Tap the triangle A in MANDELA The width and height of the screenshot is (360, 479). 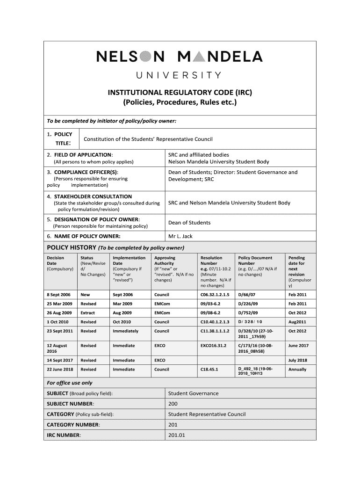coord(198,57)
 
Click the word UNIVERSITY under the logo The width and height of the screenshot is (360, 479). coord(179,75)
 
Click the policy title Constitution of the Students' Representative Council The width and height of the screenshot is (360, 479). coord(148,139)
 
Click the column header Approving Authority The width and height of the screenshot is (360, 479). coord(165,261)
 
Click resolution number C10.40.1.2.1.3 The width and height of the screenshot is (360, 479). coord(215,322)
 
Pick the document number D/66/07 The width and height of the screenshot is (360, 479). coord(248,295)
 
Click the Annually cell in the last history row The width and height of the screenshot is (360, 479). coord(297,370)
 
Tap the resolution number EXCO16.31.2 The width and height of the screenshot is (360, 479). coord(213,346)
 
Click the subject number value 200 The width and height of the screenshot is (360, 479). coord(173,404)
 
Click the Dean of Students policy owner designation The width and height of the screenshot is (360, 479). coord(189,223)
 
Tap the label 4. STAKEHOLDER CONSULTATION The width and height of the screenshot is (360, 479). coord(89,196)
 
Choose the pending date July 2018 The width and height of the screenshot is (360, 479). coord(298,360)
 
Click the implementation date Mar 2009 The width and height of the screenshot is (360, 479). coord(122,304)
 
